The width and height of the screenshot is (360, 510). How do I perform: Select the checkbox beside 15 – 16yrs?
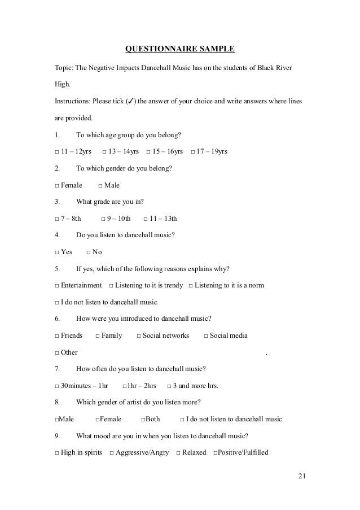148,152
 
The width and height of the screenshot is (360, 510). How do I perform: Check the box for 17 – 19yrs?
194,152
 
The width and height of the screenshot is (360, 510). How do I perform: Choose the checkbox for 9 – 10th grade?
103,219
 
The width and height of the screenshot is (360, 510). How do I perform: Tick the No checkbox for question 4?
89,252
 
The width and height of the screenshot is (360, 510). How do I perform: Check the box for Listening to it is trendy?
111,286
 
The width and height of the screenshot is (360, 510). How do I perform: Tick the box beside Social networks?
139,336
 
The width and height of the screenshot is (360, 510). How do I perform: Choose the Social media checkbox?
205,336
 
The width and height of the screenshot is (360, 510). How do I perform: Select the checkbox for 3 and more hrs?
170,386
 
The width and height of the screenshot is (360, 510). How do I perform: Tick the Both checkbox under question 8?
143,420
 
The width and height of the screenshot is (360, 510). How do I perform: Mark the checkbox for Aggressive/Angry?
112,453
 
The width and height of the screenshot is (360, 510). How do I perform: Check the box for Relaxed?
178,453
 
